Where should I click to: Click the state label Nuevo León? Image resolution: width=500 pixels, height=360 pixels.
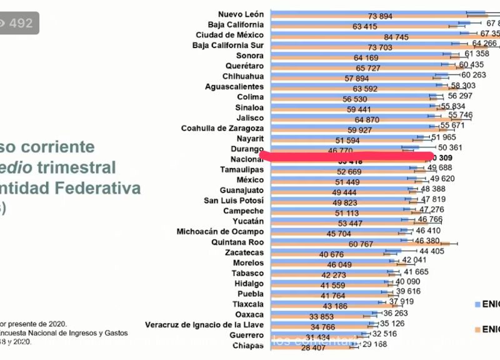pos(241,14)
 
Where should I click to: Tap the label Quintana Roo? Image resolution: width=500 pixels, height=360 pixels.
pos(238,242)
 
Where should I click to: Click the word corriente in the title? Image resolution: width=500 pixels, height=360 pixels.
pos(56,147)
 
